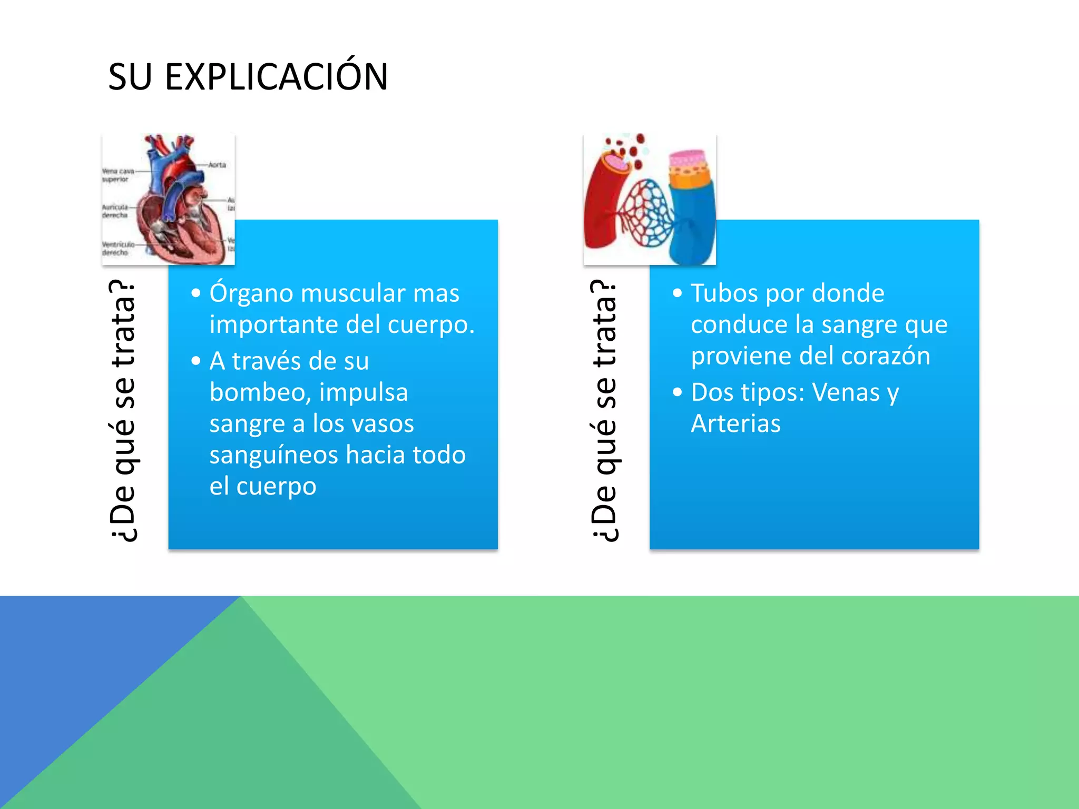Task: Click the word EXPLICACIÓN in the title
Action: (x=276, y=77)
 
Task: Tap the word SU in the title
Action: (x=130, y=77)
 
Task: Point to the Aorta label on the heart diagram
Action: (x=217, y=165)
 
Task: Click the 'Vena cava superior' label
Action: (x=117, y=175)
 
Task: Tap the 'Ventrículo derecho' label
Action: (x=116, y=249)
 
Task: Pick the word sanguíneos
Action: (x=273, y=455)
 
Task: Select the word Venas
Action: (x=846, y=392)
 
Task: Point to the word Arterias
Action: (x=735, y=423)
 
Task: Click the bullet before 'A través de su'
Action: (x=196, y=361)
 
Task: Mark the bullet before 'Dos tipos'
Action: (x=678, y=392)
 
